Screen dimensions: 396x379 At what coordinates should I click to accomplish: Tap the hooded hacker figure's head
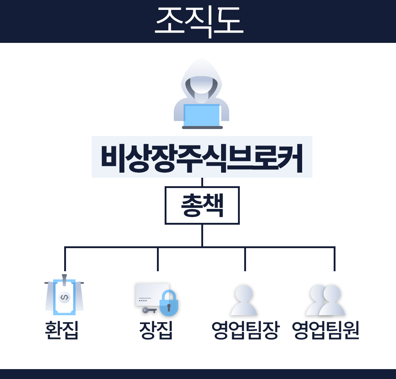click(x=201, y=82)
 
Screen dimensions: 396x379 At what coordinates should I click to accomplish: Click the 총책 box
click(x=202, y=205)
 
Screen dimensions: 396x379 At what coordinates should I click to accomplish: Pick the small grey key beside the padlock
click(x=148, y=310)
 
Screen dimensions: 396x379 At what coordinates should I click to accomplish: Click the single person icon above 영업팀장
click(x=244, y=301)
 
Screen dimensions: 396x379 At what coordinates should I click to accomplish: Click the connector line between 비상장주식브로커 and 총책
click(x=202, y=182)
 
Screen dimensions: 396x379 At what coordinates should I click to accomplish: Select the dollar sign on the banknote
click(x=64, y=297)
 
